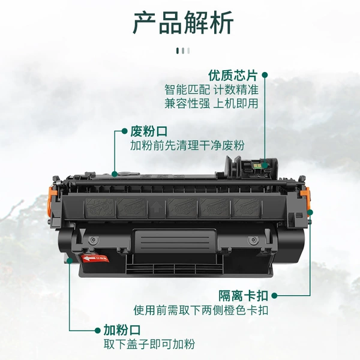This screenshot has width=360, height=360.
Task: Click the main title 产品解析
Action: pyautogui.click(x=183, y=23)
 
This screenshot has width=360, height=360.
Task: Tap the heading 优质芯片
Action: pyautogui.click(x=233, y=76)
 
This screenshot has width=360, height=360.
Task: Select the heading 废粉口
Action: pyautogui.click(x=149, y=131)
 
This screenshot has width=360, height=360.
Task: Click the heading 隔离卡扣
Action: pyautogui.click(x=244, y=296)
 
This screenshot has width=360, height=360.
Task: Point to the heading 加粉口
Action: pyautogui.click(x=122, y=330)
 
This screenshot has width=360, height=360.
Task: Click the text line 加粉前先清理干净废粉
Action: pyautogui.click(x=187, y=146)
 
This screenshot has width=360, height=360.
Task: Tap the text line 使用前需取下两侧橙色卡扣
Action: pyautogui.click(x=201, y=310)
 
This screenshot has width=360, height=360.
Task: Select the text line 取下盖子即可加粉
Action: pyautogui.click(x=149, y=344)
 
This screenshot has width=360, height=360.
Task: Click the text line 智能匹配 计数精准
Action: pyautogui.click(x=211, y=89)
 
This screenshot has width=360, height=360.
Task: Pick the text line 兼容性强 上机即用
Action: pyautogui.click(x=211, y=103)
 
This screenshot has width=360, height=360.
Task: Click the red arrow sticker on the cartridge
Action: pyautogui.click(x=94, y=259)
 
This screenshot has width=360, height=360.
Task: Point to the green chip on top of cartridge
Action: pyautogui.click(x=257, y=165)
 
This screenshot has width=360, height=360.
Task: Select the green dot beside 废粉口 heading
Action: pyautogui.click(x=124, y=131)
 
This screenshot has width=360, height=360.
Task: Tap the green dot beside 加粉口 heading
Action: pyautogui.click(x=98, y=331)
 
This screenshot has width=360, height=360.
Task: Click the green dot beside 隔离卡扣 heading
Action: pyautogui.click(x=274, y=296)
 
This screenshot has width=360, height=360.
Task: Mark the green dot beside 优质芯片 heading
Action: pyautogui.click(x=265, y=75)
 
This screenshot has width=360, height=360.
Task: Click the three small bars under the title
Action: pyautogui.click(x=183, y=51)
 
